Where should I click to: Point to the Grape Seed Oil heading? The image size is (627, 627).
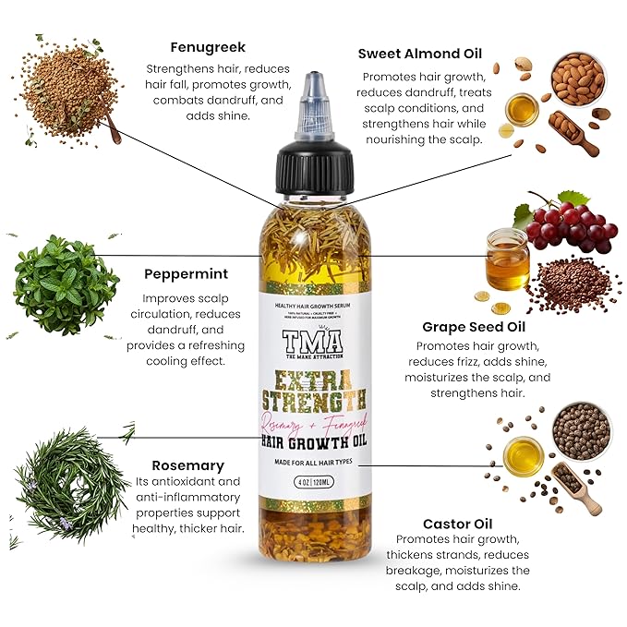point(465,326)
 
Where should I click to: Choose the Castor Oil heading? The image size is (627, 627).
point(456,522)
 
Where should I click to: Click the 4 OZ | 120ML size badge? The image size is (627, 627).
point(312,481)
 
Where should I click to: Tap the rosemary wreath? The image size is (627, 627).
point(72,484)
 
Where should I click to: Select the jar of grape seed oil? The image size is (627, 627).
point(507,259)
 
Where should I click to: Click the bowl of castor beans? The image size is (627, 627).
point(581,430)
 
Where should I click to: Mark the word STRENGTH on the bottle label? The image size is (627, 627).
point(312,400)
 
